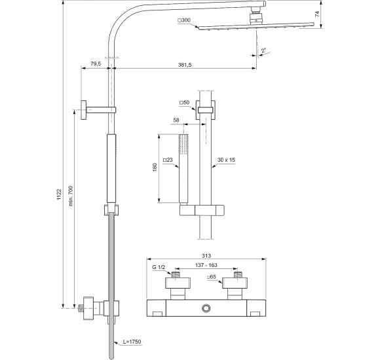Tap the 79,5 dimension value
tap(95, 64)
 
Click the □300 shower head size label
tap(185, 21)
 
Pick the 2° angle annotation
tap(263, 50)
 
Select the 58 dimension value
tap(176, 120)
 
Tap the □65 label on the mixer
tap(212, 278)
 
